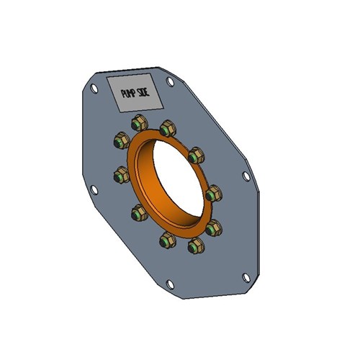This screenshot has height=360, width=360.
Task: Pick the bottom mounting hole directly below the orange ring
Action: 170,284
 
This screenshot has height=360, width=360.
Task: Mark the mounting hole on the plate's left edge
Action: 91,189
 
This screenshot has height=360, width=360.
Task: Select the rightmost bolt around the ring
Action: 214,194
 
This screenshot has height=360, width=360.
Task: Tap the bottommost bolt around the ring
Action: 195,246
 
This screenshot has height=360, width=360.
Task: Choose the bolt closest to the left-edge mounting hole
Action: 120,174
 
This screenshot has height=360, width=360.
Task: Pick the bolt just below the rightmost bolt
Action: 214,228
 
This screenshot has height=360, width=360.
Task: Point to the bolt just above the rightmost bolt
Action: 196,154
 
